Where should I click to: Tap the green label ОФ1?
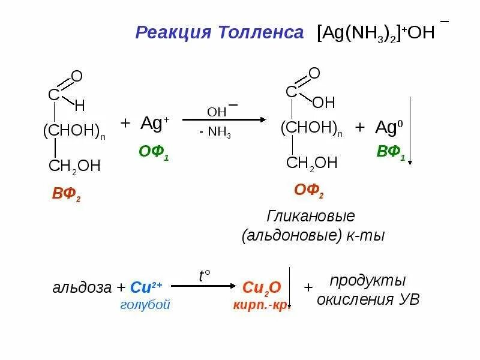click(154, 152)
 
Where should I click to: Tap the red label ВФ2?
click(66, 195)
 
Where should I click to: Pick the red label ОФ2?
click(309, 191)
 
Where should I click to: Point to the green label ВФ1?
click(391, 152)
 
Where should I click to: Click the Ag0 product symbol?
click(390, 127)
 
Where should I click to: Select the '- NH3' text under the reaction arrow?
click(215, 133)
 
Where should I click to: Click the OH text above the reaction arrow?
click(217, 112)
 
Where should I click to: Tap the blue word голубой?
click(145, 305)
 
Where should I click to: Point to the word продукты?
click(367, 280)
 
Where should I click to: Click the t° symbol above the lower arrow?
click(205, 275)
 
